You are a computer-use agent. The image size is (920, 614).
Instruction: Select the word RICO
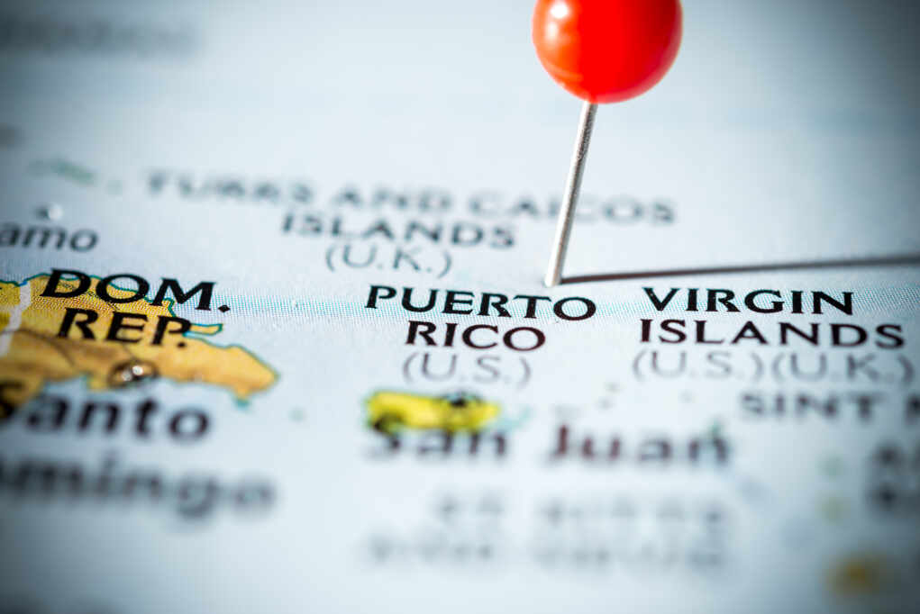[x=475, y=336]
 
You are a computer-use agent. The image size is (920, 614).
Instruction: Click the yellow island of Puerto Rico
[x=433, y=412]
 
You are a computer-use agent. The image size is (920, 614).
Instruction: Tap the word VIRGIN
[x=747, y=301]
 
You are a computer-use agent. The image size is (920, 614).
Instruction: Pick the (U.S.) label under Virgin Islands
[x=697, y=365]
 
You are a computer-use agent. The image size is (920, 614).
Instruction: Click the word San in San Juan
[x=442, y=442]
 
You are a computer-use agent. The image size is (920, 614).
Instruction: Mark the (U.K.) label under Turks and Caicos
[x=388, y=259]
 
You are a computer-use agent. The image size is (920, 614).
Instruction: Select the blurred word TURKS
[x=230, y=188]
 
